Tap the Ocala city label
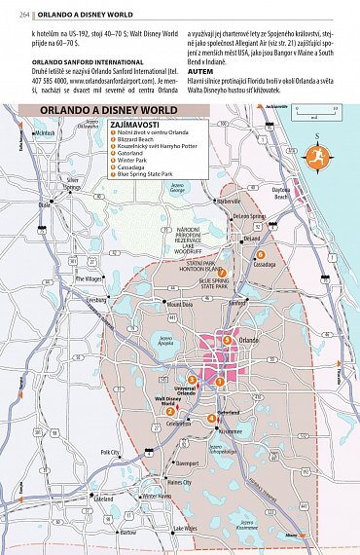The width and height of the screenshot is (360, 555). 45,205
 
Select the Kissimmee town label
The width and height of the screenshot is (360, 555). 231,430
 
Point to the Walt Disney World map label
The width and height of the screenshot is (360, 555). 169,401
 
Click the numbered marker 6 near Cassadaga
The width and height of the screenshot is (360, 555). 261,254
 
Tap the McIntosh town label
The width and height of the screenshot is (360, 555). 45,133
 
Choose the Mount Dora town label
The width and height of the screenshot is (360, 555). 180,304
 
